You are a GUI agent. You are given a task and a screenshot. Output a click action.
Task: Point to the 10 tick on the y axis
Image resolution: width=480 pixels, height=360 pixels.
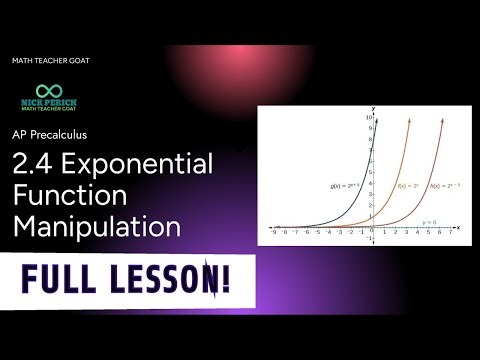[x=369, y=118]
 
